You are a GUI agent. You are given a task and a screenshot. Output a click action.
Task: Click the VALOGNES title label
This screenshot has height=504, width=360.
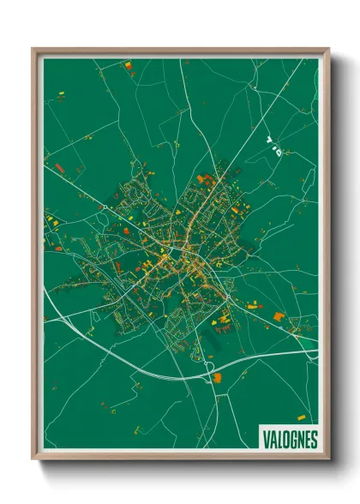(288, 440)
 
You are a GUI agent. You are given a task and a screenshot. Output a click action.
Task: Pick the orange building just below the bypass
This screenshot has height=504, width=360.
(217, 376)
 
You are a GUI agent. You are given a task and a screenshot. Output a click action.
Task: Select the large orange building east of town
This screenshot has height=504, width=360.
(279, 316)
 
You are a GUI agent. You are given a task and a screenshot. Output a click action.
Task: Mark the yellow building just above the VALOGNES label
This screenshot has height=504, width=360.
(301, 417)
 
